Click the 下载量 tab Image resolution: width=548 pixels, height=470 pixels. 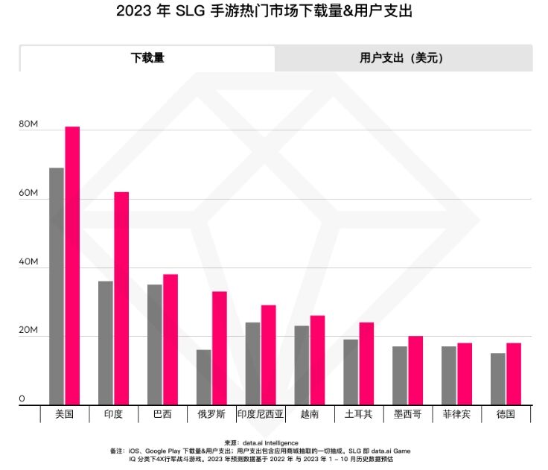[x=147, y=58]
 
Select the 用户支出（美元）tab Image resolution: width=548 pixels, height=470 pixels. [x=403, y=58]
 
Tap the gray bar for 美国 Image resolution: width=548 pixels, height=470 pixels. [x=57, y=287]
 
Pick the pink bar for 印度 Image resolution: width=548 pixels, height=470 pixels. [x=121, y=299]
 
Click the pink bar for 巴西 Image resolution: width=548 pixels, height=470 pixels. [x=171, y=340]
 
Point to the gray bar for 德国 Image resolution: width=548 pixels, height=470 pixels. [x=498, y=379]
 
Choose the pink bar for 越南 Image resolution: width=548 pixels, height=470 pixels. [x=318, y=361]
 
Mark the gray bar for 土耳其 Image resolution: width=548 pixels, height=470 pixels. [x=351, y=372]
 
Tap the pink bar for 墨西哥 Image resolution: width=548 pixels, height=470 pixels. [x=415, y=371]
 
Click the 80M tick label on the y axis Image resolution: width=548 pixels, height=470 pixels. [x=28, y=124]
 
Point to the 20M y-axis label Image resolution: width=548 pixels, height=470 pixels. [x=28, y=330]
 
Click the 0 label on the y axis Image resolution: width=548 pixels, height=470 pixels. [x=22, y=398]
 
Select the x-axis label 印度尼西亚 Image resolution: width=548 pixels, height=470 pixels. [x=261, y=414]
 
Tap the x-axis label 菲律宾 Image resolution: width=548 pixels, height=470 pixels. [x=456, y=414]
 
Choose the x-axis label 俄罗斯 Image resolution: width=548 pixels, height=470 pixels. [x=211, y=414]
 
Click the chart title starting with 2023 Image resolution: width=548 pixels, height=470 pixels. [x=264, y=12]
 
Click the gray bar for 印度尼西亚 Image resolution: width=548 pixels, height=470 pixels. [x=252, y=364]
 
